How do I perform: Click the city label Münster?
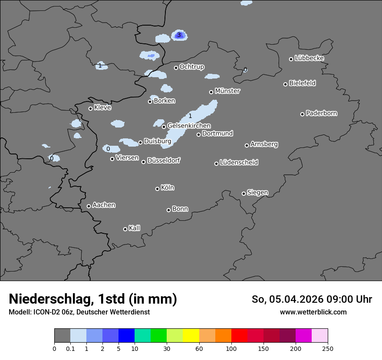pos(227,91)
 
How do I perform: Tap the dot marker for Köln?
pos(157,189)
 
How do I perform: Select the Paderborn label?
pos(321,113)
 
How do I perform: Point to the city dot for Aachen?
pos(89,206)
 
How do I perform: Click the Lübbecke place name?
pos(309,58)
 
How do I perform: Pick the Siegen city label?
pos(257,193)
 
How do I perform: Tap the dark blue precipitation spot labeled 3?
pos(179,35)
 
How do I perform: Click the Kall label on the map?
pos(134,228)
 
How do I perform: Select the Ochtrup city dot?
pos(176,67)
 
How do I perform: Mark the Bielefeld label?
pos(302,83)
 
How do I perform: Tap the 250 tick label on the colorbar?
pos(328,349)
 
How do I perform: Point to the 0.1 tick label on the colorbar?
pos(70,349)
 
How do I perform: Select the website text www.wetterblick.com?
pos(313,312)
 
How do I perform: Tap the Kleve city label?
pos(102,108)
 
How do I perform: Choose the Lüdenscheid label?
pos(239,163)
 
